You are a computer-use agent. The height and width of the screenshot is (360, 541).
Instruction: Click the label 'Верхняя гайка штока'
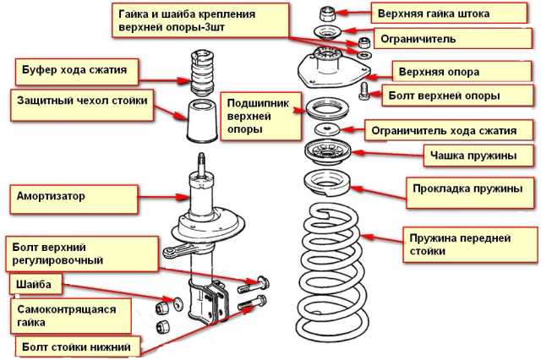pyautogui.click(x=434, y=14)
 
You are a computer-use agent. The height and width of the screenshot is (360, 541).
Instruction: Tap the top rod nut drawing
pyautogui.click(x=327, y=14)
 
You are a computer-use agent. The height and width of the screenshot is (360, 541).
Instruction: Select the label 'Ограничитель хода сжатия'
pyautogui.click(x=444, y=131)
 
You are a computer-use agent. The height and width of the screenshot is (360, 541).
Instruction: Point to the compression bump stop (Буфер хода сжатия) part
pyautogui.click(x=202, y=74)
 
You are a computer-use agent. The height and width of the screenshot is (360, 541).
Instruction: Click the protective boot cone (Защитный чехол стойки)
pyautogui.click(x=202, y=121)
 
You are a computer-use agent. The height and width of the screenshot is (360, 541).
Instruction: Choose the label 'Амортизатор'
pyautogui.click(x=51, y=196)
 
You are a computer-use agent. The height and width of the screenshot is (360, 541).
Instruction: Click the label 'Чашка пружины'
pyautogui.click(x=473, y=155)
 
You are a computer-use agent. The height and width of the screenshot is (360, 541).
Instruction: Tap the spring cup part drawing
pyautogui.click(x=327, y=152)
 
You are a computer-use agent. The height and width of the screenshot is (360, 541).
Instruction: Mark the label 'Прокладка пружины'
pyautogui.click(x=467, y=188)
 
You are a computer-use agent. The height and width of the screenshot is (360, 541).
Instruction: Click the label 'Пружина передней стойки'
pyautogui.click(x=460, y=244)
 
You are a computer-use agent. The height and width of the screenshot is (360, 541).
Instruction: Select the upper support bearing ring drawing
pyautogui.click(x=327, y=108)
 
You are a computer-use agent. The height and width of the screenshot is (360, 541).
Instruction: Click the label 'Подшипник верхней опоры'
pyautogui.click(x=258, y=117)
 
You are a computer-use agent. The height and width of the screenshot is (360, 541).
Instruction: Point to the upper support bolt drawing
pyautogui.click(x=363, y=91)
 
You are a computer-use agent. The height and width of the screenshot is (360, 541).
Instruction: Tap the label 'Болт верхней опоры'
pyautogui.click(x=444, y=95)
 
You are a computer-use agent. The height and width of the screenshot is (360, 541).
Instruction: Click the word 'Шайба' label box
pyautogui.click(x=34, y=285)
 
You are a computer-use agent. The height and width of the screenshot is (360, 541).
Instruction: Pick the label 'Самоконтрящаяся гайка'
pyautogui.click(x=66, y=316)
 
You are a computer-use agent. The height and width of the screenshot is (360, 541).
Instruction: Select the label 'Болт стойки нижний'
pyautogui.click(x=76, y=346)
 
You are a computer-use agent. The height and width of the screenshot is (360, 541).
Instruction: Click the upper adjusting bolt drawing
pyautogui.click(x=254, y=285)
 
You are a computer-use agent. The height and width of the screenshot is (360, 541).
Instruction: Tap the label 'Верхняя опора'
pyautogui.click(x=439, y=72)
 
